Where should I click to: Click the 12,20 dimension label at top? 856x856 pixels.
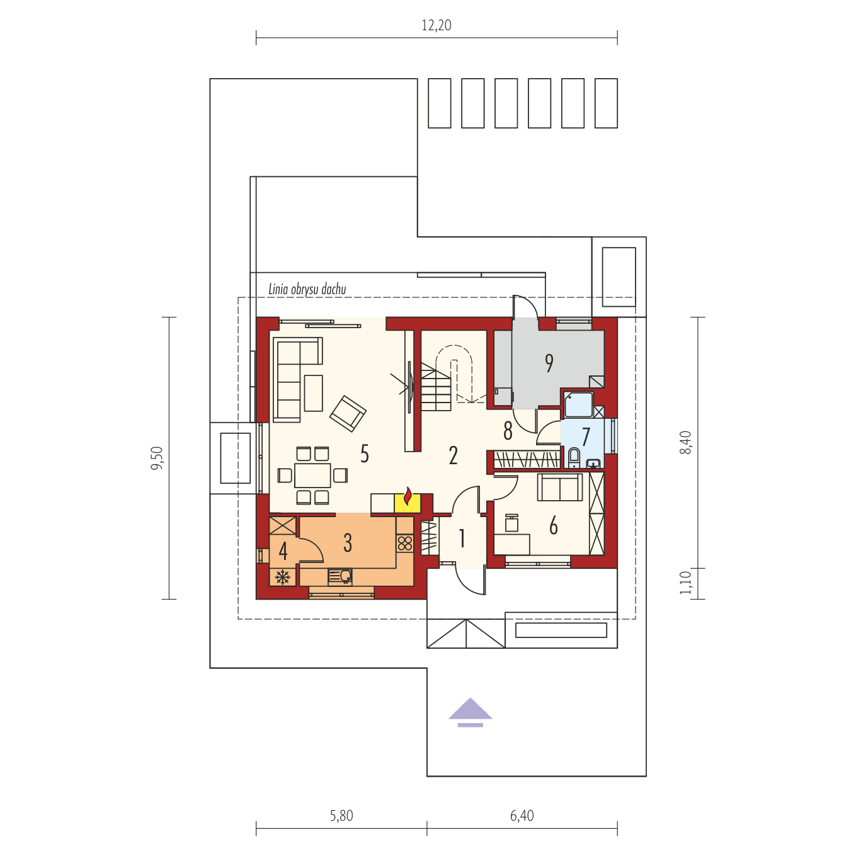(436, 25)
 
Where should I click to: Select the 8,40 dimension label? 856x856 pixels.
(685, 442)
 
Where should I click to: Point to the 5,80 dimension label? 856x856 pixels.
(341, 816)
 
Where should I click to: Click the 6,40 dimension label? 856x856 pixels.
(522, 816)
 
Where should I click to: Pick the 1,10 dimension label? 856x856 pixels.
(685, 583)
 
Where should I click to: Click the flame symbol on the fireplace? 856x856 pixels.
(408, 497)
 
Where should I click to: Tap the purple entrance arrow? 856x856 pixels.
(470, 712)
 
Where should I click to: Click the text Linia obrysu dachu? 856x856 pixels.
(307, 290)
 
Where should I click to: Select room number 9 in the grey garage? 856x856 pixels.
(549, 363)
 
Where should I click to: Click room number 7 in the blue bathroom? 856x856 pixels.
(586, 436)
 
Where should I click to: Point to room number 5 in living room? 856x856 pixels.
(364, 454)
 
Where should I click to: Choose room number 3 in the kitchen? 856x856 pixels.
(348, 543)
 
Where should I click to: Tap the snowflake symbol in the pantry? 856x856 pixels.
(283, 577)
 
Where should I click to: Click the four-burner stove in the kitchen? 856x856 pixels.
(405, 543)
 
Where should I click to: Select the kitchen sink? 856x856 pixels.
(340, 576)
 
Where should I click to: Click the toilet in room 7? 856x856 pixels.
(574, 457)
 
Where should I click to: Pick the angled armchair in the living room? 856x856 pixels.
(348, 413)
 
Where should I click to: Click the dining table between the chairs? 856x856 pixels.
(312, 475)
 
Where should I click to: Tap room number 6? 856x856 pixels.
(553, 525)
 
